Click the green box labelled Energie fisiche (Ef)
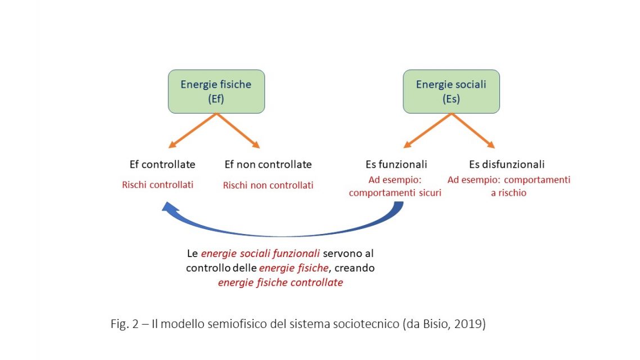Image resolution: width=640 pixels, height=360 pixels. [x=216, y=91]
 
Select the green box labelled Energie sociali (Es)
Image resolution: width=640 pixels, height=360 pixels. [x=451, y=91]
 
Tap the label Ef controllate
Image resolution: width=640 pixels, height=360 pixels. [x=163, y=165]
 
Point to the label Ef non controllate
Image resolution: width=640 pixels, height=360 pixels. [x=268, y=165]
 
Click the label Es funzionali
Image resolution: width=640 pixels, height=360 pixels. [x=396, y=165]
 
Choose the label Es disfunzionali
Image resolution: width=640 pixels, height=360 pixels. [x=507, y=165]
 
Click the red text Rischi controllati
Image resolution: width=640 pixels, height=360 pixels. [x=157, y=184]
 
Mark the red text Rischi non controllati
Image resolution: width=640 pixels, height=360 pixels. [x=268, y=185]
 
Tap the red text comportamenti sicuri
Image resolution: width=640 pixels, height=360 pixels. [x=395, y=193]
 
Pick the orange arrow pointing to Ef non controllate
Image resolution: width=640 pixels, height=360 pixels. [x=238, y=131]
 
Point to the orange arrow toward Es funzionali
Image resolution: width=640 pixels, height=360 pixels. [x=427, y=131]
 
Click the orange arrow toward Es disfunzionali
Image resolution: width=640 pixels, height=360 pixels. [x=474, y=131]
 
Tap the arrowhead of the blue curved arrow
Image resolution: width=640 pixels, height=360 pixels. [x=168, y=209]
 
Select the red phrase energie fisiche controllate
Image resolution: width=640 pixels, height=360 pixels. [x=280, y=282]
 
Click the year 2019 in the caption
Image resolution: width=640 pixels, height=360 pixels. [x=471, y=325]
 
